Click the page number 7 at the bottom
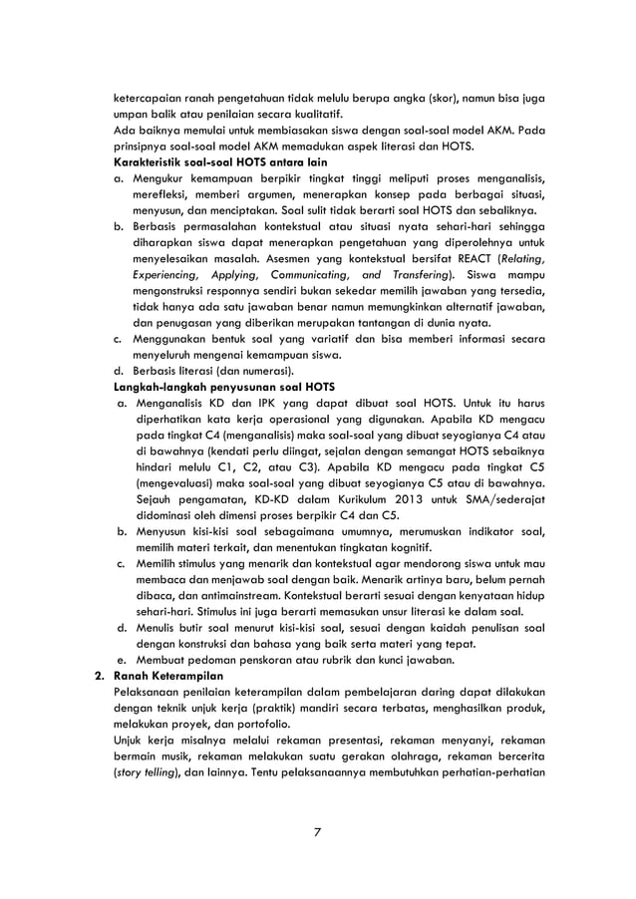(317, 831)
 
